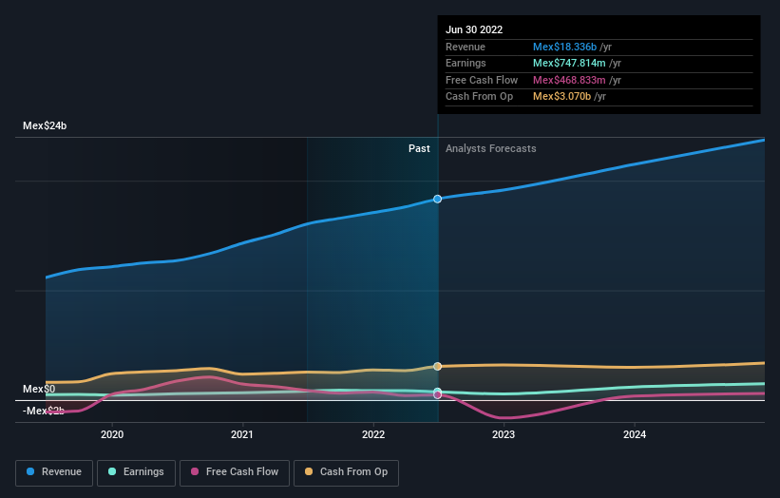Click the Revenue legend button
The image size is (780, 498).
coord(55,471)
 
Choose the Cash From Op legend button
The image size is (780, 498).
coord(347,471)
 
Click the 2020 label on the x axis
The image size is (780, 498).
coord(112,434)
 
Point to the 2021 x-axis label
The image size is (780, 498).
coord(242,434)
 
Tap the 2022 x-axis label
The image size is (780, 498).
coord(373,434)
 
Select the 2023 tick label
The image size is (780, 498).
coord(504,434)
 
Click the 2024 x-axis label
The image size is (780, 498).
coord(635,434)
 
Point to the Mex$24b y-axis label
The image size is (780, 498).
coord(45,125)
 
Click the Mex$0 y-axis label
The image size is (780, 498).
coord(39,389)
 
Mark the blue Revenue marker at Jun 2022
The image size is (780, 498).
coord(438,199)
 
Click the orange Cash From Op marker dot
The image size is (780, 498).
coord(438,366)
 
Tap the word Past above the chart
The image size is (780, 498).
coord(419,148)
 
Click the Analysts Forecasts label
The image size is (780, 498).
coord(490,148)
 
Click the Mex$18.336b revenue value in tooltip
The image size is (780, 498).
coord(564,47)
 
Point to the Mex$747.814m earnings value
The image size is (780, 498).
coord(568,64)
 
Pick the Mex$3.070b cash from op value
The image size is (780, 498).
coord(562,96)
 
